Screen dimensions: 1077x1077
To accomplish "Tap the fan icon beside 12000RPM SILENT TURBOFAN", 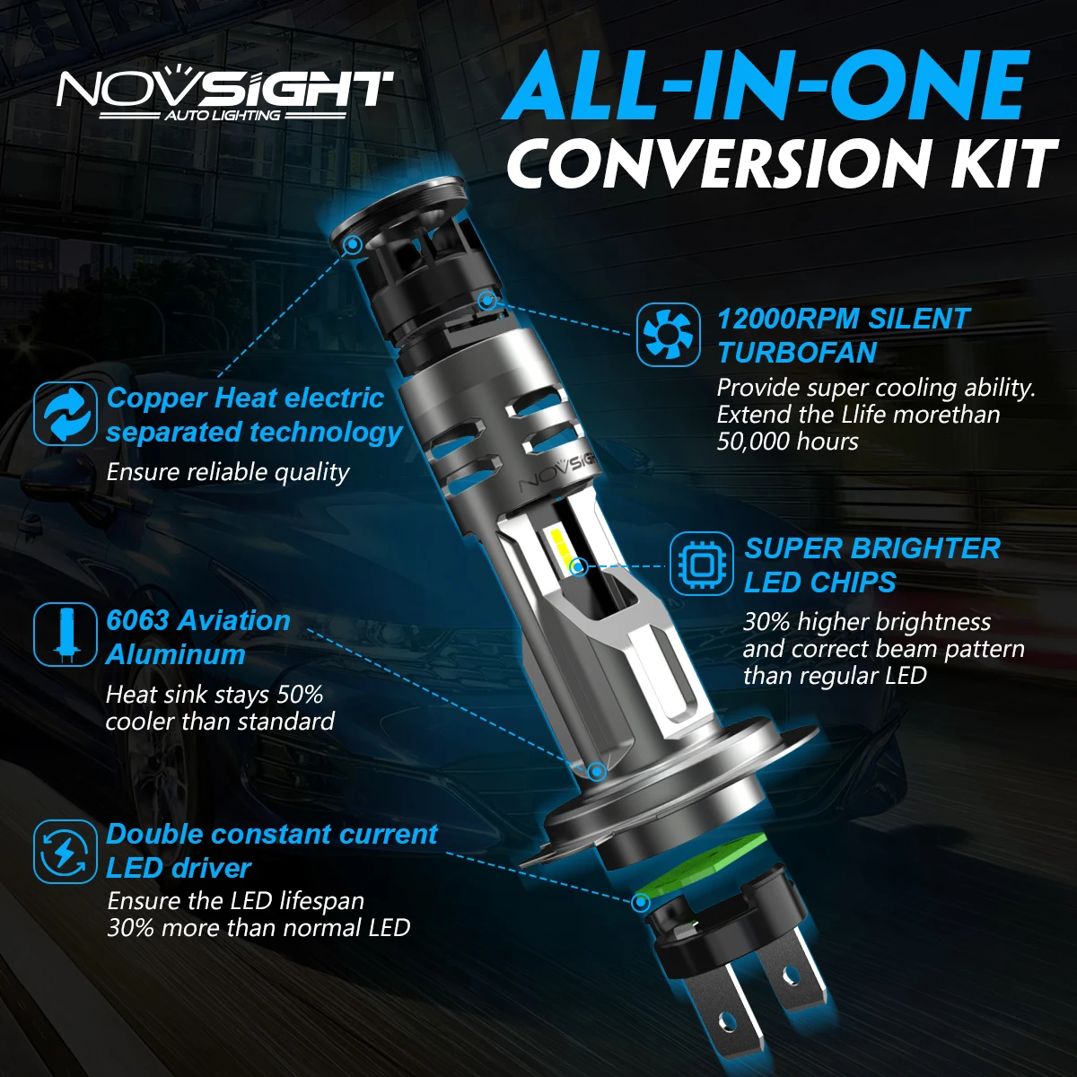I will click(668, 335).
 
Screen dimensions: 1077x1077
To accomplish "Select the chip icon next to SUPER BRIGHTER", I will click(703, 565).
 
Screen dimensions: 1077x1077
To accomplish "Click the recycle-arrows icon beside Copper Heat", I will click(65, 414).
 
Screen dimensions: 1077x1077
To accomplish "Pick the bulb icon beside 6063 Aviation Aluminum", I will click(65, 635).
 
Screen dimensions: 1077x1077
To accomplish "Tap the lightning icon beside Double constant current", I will click(65, 851).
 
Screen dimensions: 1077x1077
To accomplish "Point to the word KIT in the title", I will click(995, 164).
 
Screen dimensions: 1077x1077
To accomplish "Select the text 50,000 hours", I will click(787, 442).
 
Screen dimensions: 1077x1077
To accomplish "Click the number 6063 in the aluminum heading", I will click(137, 620).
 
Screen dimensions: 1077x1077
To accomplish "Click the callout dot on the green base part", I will click(642, 901).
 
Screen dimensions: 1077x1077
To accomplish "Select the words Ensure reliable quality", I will click(228, 472).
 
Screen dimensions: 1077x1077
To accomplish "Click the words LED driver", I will click(179, 868).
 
